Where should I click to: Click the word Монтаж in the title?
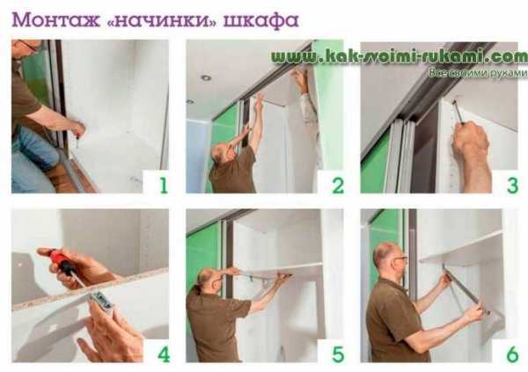56,20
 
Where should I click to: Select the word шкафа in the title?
261,21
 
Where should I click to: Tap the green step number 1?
164,186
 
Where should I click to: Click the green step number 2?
338,186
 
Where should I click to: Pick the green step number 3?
512,186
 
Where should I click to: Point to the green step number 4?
164,354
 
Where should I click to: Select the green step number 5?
338,354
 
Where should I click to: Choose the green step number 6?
512,354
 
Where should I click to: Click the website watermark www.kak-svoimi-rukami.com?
400,56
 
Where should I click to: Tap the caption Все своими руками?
478,73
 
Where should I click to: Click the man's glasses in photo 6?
400,259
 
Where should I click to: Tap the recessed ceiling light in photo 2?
206,77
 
